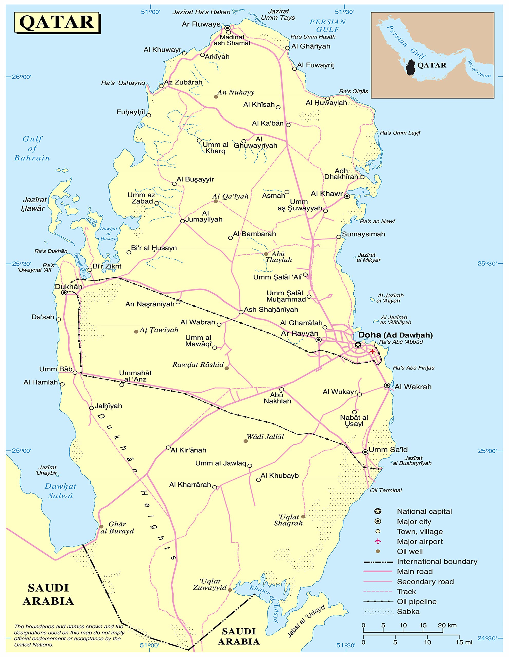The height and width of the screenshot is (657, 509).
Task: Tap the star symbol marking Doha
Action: click(x=357, y=345)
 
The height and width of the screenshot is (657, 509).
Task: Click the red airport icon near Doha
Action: click(x=372, y=351)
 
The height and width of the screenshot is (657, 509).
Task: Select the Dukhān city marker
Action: click(x=64, y=292)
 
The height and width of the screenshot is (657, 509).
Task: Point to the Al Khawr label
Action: click(x=327, y=194)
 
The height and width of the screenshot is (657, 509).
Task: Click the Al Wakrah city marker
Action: click(x=387, y=385)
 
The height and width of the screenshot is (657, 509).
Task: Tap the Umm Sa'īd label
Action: click(x=388, y=450)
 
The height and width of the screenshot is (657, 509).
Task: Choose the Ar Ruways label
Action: click(x=201, y=24)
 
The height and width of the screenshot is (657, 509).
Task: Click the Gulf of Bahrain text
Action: click(x=32, y=148)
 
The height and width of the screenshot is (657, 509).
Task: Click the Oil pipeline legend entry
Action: click(x=417, y=601)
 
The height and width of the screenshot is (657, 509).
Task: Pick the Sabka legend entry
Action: click(x=408, y=611)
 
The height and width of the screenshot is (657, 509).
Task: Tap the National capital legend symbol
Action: click(x=378, y=511)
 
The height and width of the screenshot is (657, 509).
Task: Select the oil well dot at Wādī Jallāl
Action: click(x=246, y=441)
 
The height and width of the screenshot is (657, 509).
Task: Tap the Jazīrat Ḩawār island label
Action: click(x=34, y=204)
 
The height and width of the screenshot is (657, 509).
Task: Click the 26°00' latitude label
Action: click(x=21, y=77)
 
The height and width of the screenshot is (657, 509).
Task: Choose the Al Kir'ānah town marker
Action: click(x=168, y=448)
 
